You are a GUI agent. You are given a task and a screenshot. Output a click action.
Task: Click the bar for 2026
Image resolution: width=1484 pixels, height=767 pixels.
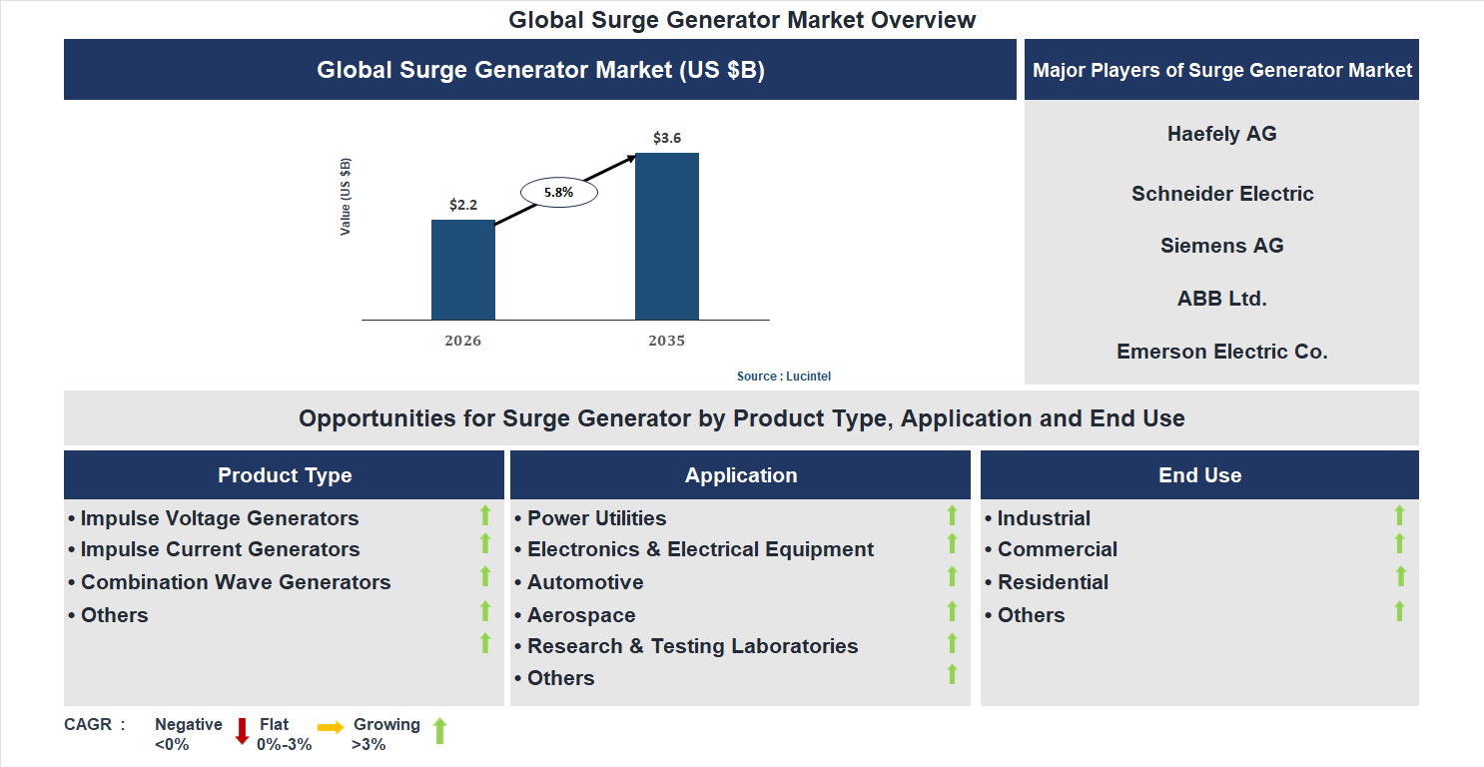pyautogui.click(x=462, y=270)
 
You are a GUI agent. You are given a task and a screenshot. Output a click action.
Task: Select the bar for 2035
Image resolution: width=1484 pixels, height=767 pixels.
pyautogui.click(x=666, y=237)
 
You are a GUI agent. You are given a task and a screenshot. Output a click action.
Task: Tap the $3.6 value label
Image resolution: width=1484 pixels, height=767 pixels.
pyautogui.click(x=667, y=138)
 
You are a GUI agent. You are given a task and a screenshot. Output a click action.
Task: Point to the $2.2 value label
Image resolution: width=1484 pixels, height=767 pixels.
pyautogui.click(x=463, y=205)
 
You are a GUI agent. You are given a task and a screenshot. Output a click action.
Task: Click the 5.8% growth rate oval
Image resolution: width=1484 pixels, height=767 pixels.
pyautogui.click(x=558, y=192)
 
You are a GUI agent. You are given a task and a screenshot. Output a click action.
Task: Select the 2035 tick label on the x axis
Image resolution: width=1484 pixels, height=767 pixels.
pyautogui.click(x=666, y=341)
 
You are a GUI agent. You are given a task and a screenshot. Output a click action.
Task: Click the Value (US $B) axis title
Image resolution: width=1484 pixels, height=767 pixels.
pyautogui.click(x=346, y=197)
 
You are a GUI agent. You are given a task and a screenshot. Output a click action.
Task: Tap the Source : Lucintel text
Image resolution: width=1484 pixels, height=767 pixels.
pyautogui.click(x=784, y=377)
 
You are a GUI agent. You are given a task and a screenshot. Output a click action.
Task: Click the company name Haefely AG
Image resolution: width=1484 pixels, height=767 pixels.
pyautogui.click(x=1221, y=134)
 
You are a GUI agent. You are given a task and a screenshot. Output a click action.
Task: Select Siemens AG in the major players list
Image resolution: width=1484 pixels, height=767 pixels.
pyautogui.click(x=1221, y=246)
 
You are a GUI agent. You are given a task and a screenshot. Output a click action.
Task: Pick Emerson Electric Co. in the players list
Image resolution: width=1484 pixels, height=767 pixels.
pyautogui.click(x=1221, y=352)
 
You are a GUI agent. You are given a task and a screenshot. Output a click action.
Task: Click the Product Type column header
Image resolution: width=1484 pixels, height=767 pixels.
pyautogui.click(x=285, y=475)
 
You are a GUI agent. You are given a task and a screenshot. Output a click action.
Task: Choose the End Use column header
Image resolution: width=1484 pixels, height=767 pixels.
pyautogui.click(x=1199, y=475)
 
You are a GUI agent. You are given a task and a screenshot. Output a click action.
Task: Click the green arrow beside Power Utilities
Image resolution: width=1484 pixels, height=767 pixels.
pyautogui.click(x=952, y=515)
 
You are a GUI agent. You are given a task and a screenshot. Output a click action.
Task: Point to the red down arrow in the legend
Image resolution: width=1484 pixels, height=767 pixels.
pyautogui.click(x=242, y=731)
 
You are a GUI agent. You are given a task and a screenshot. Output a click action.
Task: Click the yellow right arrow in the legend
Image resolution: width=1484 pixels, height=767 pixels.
pyautogui.click(x=331, y=727)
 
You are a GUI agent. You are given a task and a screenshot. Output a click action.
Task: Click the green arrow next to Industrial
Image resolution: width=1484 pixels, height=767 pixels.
pyautogui.click(x=1399, y=515)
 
